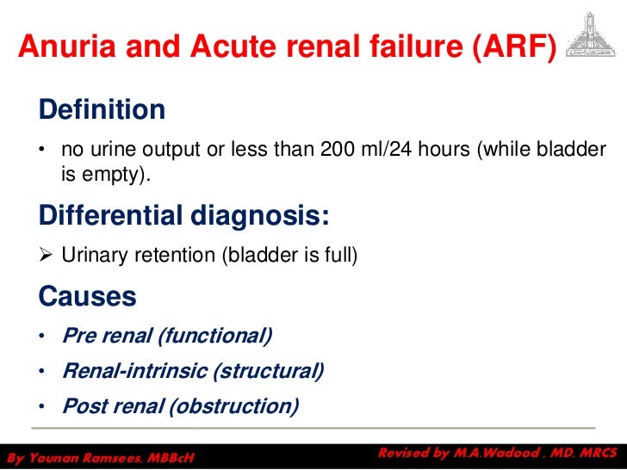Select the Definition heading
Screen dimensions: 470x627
tap(102, 110)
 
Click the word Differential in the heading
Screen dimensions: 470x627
tap(108, 215)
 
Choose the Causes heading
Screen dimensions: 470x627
tap(87, 297)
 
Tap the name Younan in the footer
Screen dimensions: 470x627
tap(58, 456)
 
